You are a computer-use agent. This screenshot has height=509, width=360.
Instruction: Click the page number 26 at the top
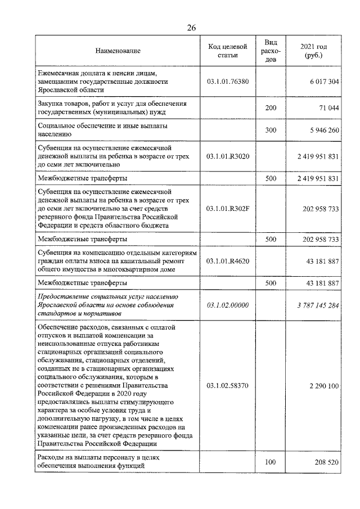191,28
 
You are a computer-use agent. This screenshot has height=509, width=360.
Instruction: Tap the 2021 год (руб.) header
314,51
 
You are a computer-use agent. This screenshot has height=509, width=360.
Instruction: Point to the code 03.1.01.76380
229,82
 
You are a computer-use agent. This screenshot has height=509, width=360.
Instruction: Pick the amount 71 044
328,107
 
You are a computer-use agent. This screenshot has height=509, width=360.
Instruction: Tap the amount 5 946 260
323,130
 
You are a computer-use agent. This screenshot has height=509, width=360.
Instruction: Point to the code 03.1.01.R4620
229,261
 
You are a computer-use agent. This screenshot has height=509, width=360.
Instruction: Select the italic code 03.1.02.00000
229,305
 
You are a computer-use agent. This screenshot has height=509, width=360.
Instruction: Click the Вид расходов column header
271,51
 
